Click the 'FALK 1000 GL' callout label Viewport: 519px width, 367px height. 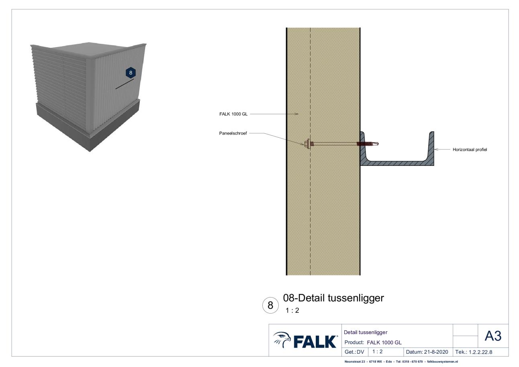pyautogui.click(x=233, y=114)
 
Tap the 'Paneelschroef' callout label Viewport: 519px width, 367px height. pyautogui.click(x=233, y=133)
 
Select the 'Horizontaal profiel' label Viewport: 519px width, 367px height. pyautogui.click(x=470, y=150)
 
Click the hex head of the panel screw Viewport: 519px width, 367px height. pyautogui.click(x=308, y=144)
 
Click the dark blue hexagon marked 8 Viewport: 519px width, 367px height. pyautogui.click(x=131, y=73)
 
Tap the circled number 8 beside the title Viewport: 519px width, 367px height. pyautogui.click(x=270, y=306)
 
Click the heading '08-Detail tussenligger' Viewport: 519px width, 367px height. pyautogui.click(x=333, y=298)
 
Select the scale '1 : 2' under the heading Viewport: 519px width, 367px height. pyautogui.click(x=292, y=310)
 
